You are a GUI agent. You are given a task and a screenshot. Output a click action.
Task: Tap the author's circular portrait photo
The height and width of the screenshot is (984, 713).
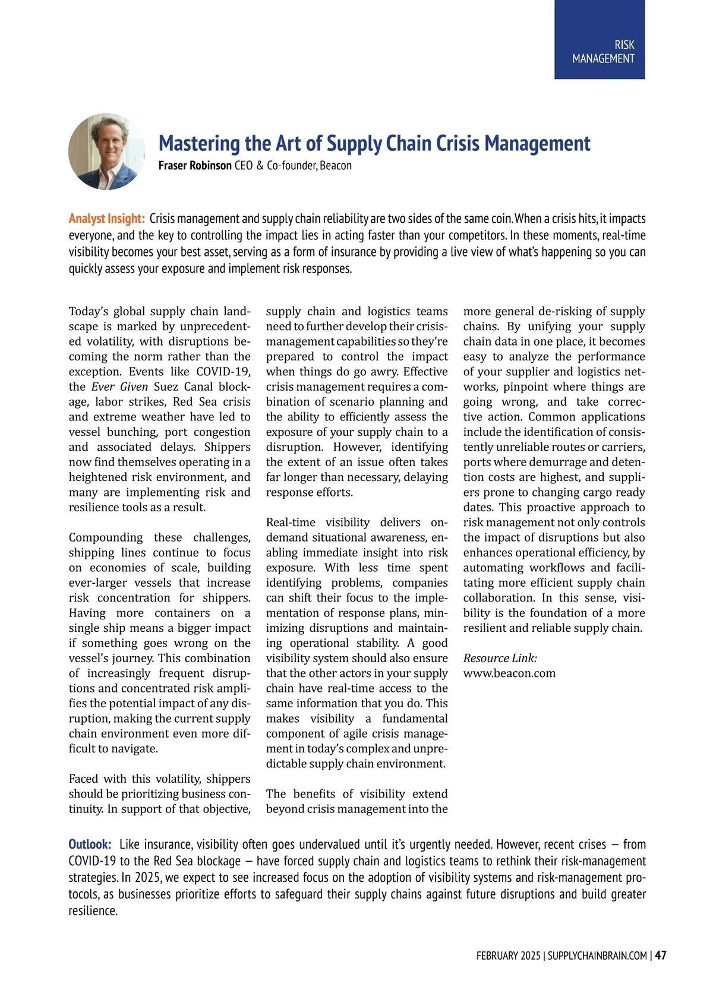[106, 151]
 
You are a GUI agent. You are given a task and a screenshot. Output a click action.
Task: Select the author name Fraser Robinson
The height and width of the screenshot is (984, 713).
[195, 166]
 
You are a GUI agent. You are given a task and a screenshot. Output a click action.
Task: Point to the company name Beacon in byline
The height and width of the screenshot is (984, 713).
[336, 166]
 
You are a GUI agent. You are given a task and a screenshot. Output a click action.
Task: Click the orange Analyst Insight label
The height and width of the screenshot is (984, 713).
[106, 219]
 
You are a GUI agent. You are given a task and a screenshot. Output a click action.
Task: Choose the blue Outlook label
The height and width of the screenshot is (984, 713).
[90, 844]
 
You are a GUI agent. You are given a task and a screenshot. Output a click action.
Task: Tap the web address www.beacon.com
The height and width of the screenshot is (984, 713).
[509, 673]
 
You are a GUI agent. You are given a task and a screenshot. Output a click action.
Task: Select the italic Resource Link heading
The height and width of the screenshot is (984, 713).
[500, 658]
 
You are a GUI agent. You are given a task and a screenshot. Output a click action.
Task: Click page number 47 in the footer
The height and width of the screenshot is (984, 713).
[661, 955]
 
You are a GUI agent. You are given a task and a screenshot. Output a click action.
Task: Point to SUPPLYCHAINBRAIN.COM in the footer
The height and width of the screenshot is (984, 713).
[597, 955]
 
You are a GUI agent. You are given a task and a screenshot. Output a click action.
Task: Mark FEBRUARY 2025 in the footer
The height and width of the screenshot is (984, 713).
[508, 955]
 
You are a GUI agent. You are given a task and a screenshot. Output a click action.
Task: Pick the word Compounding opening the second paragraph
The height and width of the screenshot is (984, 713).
[106, 537]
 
